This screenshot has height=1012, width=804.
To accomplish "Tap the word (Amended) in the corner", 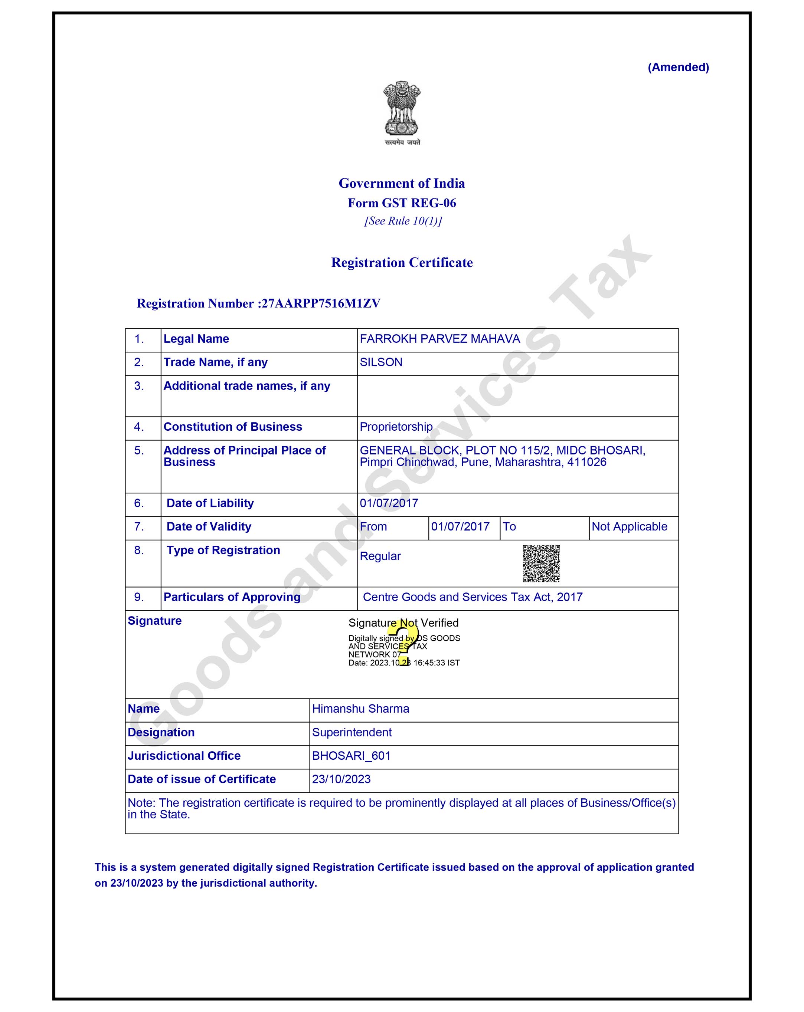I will (x=678, y=67).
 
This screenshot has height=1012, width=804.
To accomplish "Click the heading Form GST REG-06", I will (x=402, y=203).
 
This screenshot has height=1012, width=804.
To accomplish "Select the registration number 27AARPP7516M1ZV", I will (x=321, y=303).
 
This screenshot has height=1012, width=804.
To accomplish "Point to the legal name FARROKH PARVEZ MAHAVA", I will (x=439, y=339).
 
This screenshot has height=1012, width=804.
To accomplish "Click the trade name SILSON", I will (x=381, y=362).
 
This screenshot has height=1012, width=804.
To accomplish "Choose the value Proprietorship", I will (x=396, y=427).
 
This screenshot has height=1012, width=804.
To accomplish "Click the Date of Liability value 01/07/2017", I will (x=389, y=503).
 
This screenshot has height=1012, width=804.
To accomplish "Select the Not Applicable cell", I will (x=629, y=527).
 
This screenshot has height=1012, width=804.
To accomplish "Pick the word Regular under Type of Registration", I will (x=380, y=556).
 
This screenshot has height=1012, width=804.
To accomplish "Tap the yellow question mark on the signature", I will (x=403, y=643).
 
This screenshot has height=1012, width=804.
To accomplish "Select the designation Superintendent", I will (x=352, y=732).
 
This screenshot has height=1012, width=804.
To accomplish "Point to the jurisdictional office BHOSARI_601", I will (x=351, y=756).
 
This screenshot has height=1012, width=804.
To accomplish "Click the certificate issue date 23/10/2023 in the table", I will (x=341, y=779).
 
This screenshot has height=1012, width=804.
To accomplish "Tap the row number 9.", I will (x=138, y=597).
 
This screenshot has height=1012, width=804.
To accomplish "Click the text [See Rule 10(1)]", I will (x=403, y=221).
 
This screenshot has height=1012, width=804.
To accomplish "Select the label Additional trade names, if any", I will (x=246, y=386).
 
